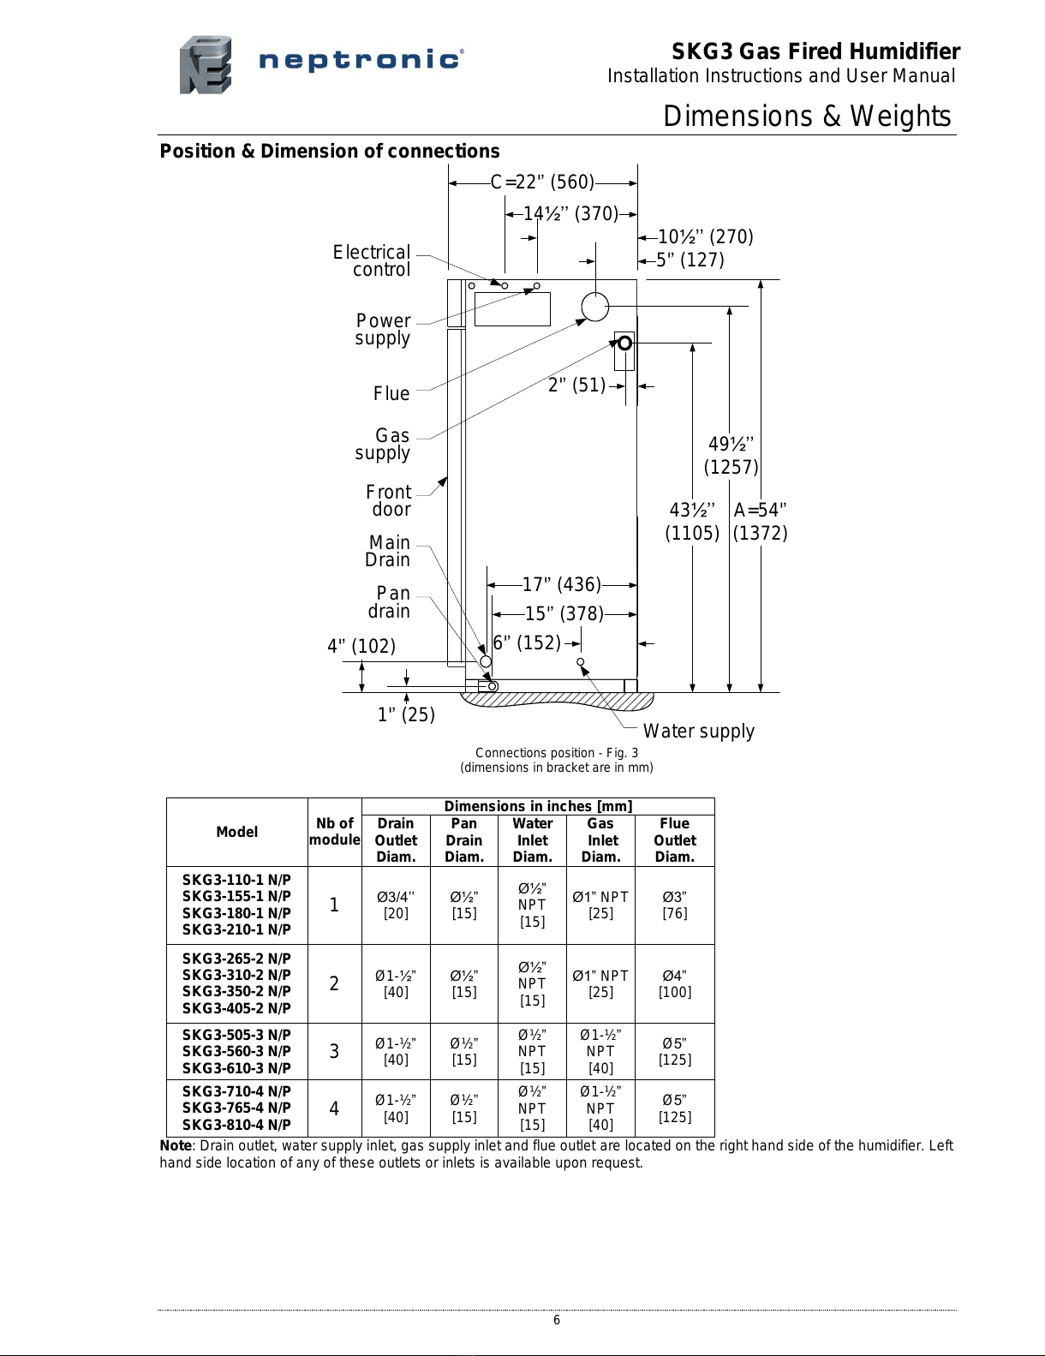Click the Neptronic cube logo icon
pyautogui.click(x=206, y=65)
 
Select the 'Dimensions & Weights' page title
pyautogui.click(x=807, y=116)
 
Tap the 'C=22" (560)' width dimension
pyautogui.click(x=542, y=182)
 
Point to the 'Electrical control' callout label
pyautogui.click(x=371, y=261)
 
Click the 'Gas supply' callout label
pyautogui.click(x=382, y=444)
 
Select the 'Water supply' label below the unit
pyautogui.click(x=699, y=731)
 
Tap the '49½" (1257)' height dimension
pyautogui.click(x=731, y=456)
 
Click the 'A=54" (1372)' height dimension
pyautogui.click(x=760, y=522)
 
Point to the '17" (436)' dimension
pyautogui.click(x=562, y=585)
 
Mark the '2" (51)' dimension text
pyautogui.click(x=577, y=385)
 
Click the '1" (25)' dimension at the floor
pyautogui.click(x=406, y=714)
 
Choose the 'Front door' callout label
pyautogui.click(x=388, y=500)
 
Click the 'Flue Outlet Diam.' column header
pyautogui.click(x=674, y=840)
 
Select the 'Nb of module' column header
pyautogui.click(x=334, y=831)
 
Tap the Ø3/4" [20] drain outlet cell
pyautogui.click(x=396, y=905)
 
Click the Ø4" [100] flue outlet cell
pyautogui.click(x=674, y=983)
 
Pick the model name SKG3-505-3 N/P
pyautogui.click(x=236, y=1035)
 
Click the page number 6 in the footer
pyautogui.click(x=557, y=1320)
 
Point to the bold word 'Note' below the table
pyautogui.click(x=176, y=1146)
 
